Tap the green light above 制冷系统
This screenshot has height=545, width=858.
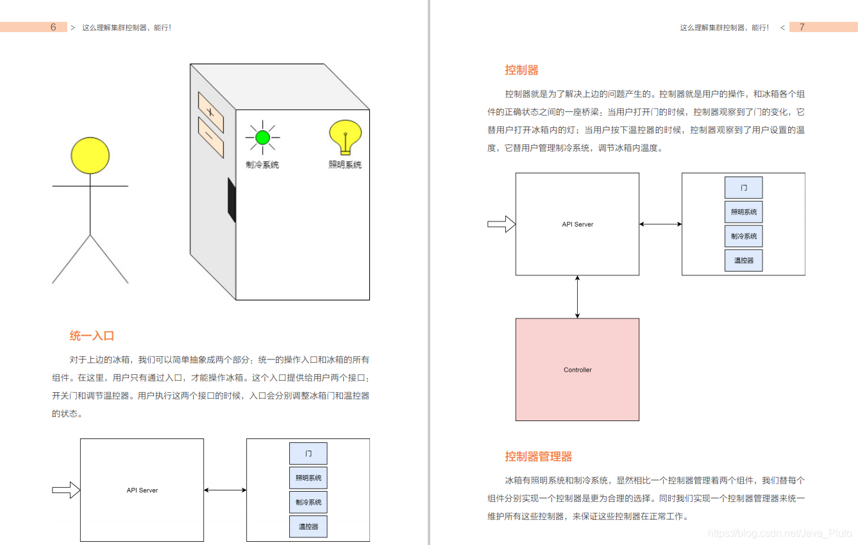262,137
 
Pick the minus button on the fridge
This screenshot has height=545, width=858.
210,137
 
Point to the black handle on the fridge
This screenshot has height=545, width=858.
231,200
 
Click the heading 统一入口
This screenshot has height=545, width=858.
92,336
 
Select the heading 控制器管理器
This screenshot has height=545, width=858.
538,456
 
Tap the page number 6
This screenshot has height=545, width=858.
53,27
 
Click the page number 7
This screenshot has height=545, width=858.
802,27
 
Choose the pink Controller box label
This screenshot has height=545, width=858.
577,370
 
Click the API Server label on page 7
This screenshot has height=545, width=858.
577,224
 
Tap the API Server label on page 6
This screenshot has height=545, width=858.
142,490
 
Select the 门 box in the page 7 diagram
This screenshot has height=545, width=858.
743,187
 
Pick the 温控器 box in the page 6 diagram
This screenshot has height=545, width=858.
308,526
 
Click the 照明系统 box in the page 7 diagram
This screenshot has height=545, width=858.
743,212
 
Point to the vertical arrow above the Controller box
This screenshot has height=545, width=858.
577,297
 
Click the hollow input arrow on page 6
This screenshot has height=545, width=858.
65,490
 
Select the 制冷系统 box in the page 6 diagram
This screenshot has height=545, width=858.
308,502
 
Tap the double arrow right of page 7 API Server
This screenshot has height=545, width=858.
660,224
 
